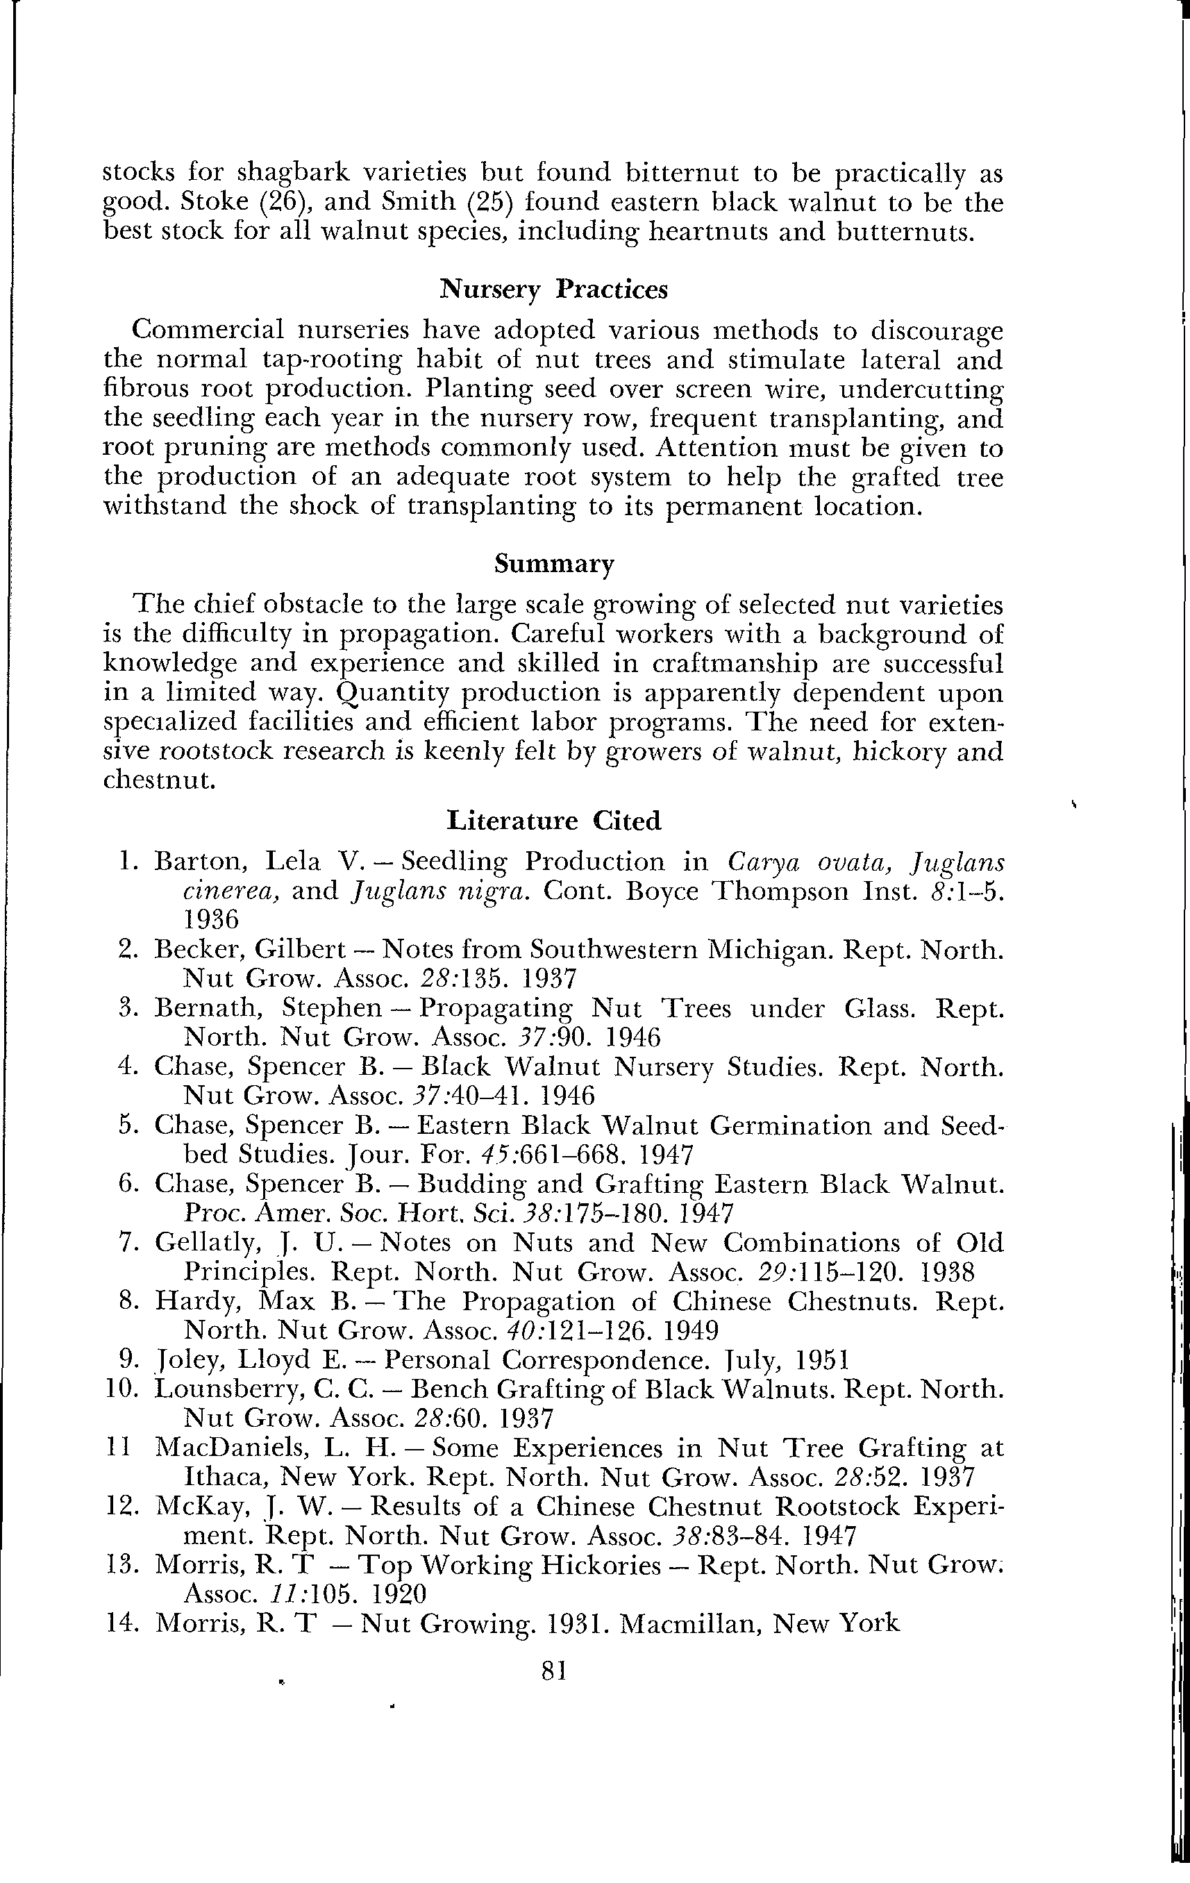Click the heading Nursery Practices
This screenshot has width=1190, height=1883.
tap(553, 290)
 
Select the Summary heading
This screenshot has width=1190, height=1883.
tap(553, 564)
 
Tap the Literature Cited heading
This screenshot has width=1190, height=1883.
tap(553, 820)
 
